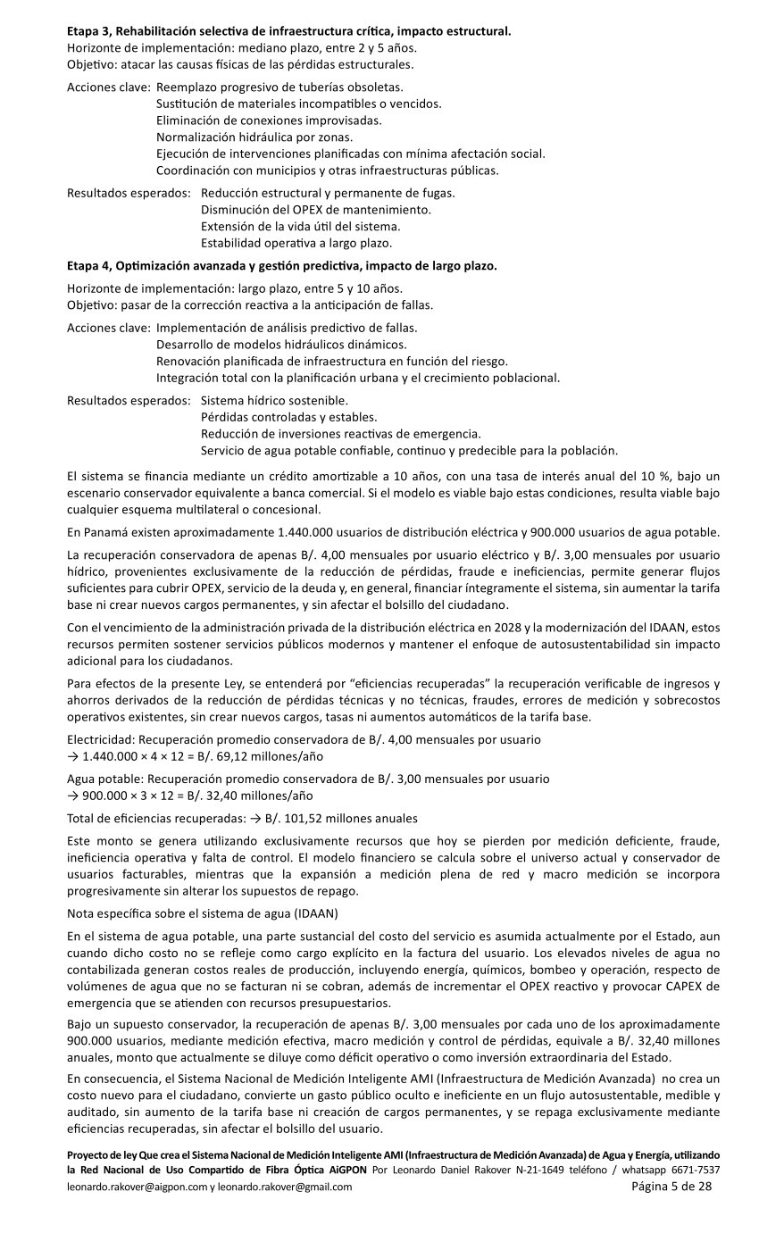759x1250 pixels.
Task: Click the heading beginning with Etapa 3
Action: click(x=289, y=31)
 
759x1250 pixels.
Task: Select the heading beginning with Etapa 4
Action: click(x=282, y=266)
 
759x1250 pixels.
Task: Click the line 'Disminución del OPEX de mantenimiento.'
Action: click(x=316, y=210)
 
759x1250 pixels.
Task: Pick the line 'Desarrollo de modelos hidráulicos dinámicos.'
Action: click(x=281, y=345)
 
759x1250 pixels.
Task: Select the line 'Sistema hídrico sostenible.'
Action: click(x=275, y=401)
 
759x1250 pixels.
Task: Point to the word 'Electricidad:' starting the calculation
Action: click(x=102, y=741)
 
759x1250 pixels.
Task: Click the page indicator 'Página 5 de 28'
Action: click(x=671, y=1187)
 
